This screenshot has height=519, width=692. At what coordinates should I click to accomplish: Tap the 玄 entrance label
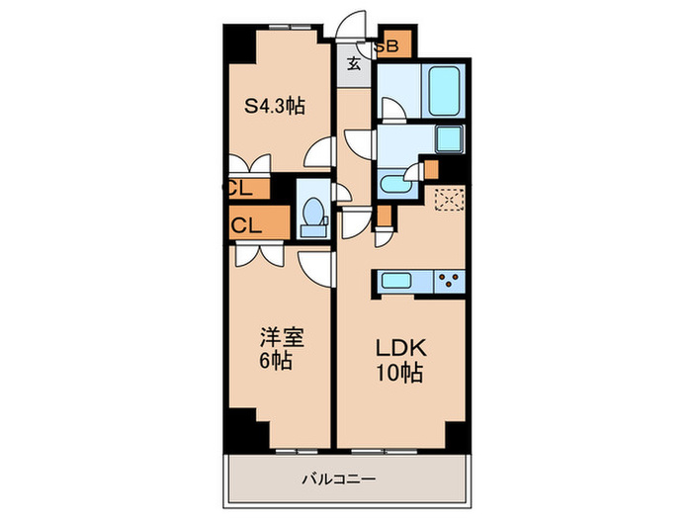pos(353,65)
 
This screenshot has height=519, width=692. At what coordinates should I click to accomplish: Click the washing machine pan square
pos(450,139)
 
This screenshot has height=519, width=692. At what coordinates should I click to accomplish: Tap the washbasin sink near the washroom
pos(395,184)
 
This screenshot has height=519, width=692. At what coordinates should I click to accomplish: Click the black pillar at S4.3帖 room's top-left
pos(237,41)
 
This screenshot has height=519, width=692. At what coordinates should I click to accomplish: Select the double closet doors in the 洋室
pos(260,254)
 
